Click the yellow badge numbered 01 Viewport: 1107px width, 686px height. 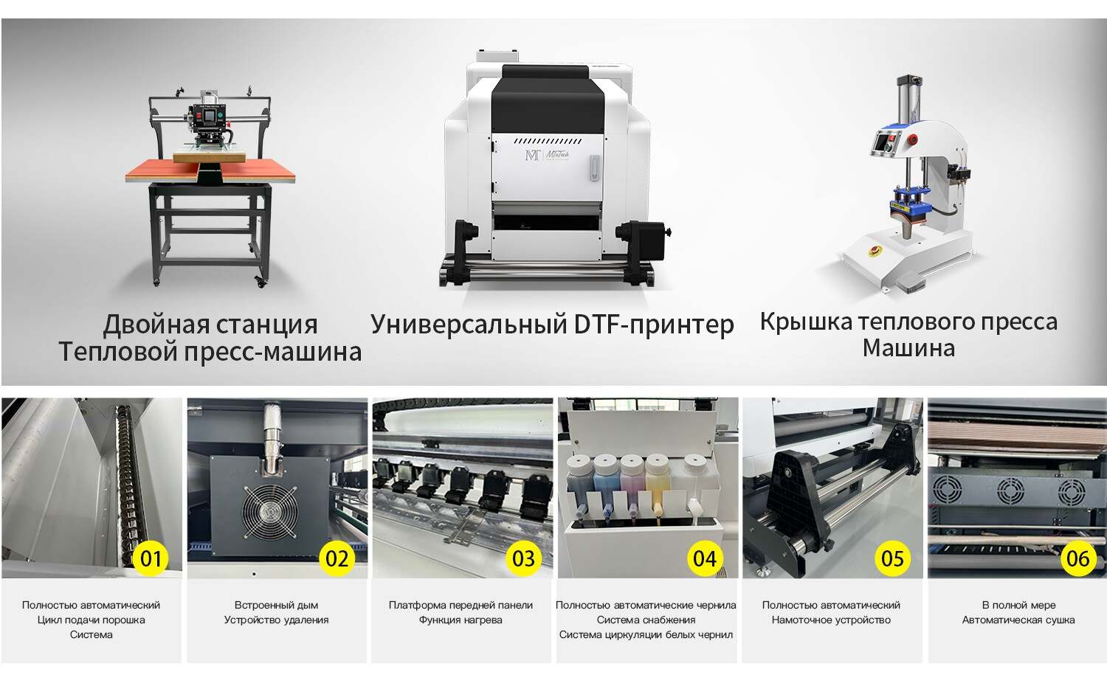(x=151, y=558)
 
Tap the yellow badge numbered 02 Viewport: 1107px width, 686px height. (x=337, y=558)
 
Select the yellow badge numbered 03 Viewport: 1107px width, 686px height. (x=523, y=558)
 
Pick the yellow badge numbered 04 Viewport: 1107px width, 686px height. (x=705, y=558)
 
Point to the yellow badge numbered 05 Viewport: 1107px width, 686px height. (x=892, y=558)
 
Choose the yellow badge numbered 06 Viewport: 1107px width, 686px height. (x=1077, y=558)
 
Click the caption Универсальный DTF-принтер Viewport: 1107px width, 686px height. (x=552, y=325)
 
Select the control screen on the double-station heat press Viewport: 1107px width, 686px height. (x=213, y=117)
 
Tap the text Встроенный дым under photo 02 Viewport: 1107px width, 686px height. (x=276, y=605)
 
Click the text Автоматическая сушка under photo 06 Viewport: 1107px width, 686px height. (x=1018, y=620)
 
